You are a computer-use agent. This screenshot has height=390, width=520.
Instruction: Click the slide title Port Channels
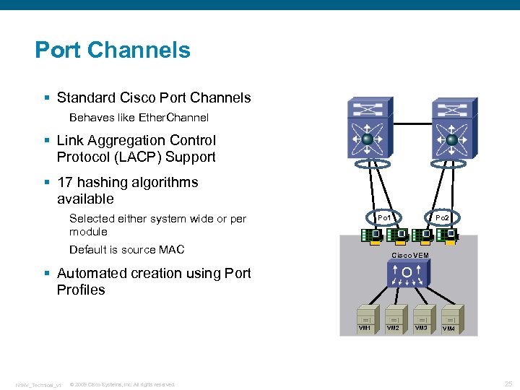(x=113, y=50)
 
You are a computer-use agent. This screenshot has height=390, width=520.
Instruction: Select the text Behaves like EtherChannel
(x=139, y=117)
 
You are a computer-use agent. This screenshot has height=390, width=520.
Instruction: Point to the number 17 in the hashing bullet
(x=65, y=182)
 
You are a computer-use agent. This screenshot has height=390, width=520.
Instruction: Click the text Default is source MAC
(x=126, y=250)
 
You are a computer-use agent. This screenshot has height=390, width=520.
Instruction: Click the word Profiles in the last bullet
(x=81, y=290)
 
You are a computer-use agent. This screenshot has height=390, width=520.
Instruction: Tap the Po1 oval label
(x=384, y=217)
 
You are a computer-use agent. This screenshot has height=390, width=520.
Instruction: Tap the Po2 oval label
(x=442, y=217)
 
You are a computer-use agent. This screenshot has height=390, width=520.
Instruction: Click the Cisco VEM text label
(x=409, y=256)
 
